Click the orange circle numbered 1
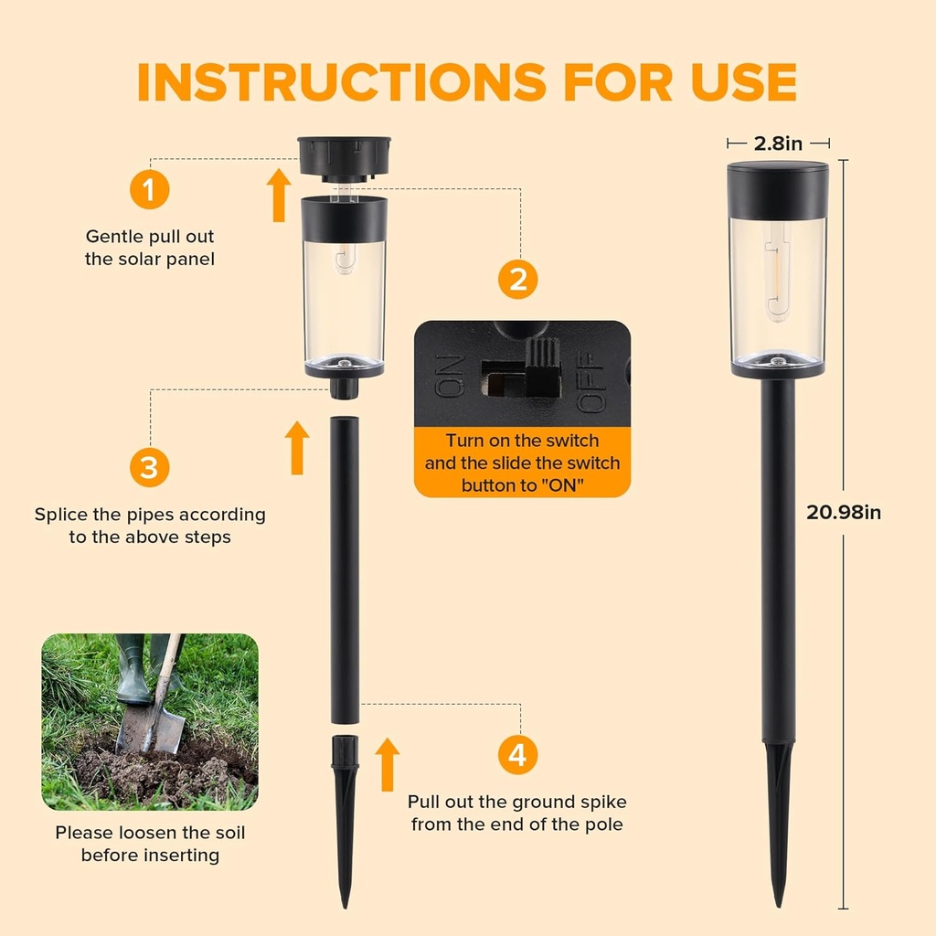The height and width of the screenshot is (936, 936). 149,191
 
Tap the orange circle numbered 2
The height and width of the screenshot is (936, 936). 518,280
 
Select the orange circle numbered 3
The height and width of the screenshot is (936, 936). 149,468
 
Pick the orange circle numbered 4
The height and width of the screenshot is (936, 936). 518,755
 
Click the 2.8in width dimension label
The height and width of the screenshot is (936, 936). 778,143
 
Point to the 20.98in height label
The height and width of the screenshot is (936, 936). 843,512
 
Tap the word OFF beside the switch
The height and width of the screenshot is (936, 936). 592,377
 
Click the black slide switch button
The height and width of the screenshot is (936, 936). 546,367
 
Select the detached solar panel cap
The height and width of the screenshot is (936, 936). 344,157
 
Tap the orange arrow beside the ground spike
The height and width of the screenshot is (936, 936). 388,764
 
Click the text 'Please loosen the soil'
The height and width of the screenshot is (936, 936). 150,833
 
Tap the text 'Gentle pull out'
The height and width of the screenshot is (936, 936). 150,236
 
